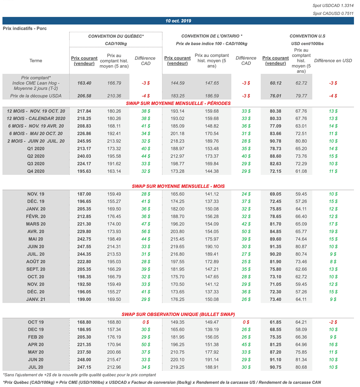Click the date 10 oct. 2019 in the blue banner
pyautogui.click(x=178, y=21)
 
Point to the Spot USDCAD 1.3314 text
pyautogui.click(x=332, y=6)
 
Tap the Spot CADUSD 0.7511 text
pyautogui.click(x=332, y=14)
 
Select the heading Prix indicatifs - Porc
pyautogui.click(x=25, y=28)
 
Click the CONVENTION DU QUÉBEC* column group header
pyautogui.click(x=116, y=36)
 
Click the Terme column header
pyautogui.click(x=36, y=61)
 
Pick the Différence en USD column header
pyautogui.click(x=333, y=61)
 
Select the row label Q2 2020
pyautogui.click(x=36, y=156)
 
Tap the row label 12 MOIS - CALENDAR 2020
pyautogui.click(x=36, y=119)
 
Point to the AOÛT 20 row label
pyautogui.click(x=36, y=262)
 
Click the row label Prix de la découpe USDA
pyautogui.click(x=36, y=96)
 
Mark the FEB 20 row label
pyautogui.click(x=36, y=337)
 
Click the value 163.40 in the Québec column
pyautogui.click(x=84, y=83)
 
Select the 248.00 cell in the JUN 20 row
pyautogui.click(x=84, y=360)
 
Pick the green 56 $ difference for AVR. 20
pyautogui.click(x=146, y=232)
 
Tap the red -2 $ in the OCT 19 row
pyautogui.click(x=333, y=322)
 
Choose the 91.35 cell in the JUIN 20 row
pyautogui.click(x=276, y=247)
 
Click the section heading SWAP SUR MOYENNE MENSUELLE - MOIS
pyautogui.click(x=178, y=186)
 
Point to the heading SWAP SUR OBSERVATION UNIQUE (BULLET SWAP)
pyautogui.click(x=178, y=314)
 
